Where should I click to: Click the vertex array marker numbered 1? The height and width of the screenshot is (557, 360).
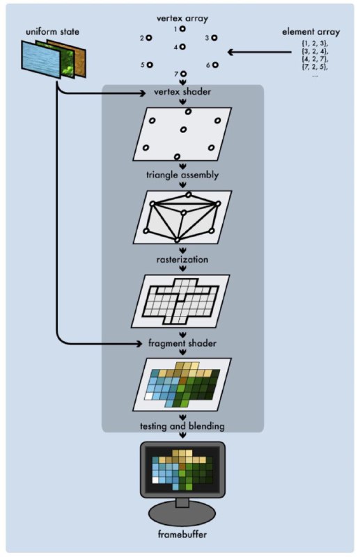coord(182,29)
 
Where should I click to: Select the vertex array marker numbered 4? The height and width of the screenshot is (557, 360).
coord(182,47)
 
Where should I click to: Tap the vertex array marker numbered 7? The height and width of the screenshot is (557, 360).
coord(183,74)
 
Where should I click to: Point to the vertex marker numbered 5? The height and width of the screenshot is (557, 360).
coord(150,65)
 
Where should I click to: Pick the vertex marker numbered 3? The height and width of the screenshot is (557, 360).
coord(214,38)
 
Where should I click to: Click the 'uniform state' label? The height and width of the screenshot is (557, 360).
coord(52,31)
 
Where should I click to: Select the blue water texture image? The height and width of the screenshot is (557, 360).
coord(41,58)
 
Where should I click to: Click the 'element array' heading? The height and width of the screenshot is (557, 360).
coord(311,32)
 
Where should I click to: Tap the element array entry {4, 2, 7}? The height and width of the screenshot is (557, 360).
coord(315,59)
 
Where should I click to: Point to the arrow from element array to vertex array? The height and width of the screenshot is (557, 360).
coord(260,52)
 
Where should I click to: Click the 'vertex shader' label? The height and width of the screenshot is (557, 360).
coord(182,92)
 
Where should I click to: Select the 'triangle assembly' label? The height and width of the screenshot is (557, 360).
coord(182,175)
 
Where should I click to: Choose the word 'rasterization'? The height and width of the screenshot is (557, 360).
coord(182,259)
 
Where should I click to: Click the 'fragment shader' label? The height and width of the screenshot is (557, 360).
coord(182,343)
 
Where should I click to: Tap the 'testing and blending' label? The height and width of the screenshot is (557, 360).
coord(182,426)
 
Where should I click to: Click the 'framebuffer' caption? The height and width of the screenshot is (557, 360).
coord(182,534)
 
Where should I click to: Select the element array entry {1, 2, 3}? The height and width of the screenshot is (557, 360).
coord(315,44)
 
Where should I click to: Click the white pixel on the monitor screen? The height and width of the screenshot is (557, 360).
coord(155,480)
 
